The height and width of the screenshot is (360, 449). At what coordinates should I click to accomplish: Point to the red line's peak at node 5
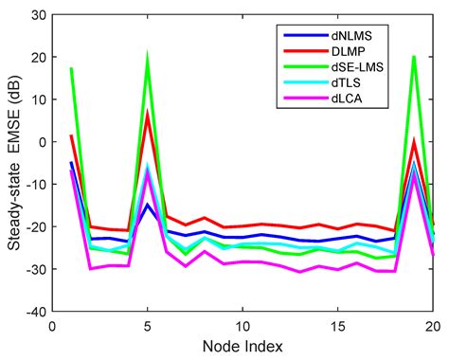(x=148, y=113)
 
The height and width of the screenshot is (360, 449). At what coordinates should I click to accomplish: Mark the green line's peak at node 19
(x=415, y=57)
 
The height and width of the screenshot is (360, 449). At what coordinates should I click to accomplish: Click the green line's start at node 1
(x=71, y=68)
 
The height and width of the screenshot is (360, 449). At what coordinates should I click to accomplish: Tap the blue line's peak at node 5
(x=148, y=205)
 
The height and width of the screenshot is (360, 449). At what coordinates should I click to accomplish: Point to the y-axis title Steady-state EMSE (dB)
(x=13, y=163)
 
